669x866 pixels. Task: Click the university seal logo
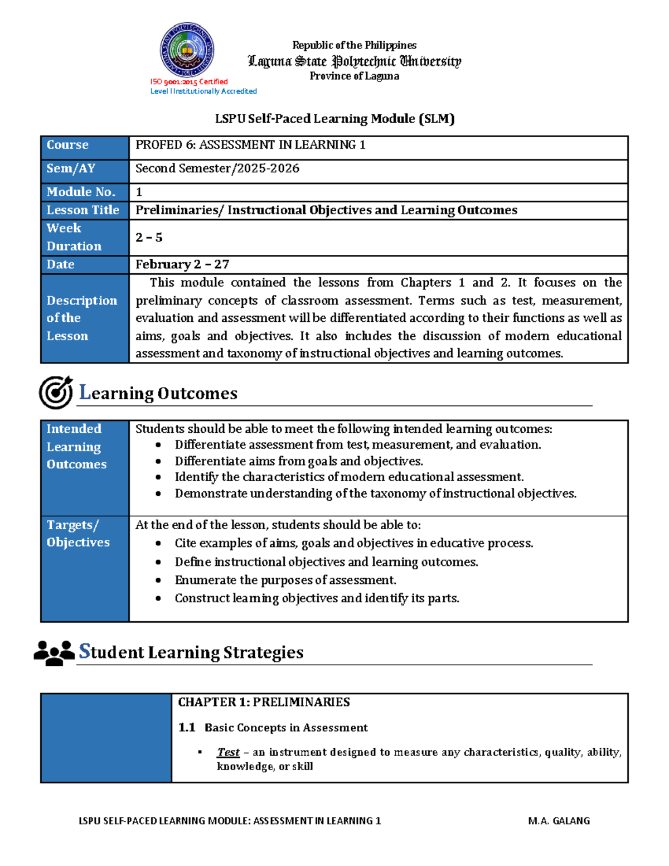point(187,50)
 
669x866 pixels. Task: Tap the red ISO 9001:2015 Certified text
point(189,82)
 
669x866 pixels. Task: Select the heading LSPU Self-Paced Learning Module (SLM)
point(334,119)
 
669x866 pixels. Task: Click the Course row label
point(67,145)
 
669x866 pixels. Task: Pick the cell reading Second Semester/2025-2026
point(217,168)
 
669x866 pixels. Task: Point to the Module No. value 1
point(139,192)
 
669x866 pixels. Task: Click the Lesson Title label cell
point(83,210)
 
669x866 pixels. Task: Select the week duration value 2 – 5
point(149,238)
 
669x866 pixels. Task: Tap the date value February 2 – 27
point(182,264)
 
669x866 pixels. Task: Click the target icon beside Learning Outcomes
point(56,392)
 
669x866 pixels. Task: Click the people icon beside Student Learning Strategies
point(54,652)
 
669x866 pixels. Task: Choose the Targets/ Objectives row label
point(78,534)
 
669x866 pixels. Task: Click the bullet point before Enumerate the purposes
point(158,580)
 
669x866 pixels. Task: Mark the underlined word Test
point(228,752)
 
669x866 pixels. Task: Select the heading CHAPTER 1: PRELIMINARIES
point(264,702)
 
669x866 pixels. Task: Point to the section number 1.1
point(187,728)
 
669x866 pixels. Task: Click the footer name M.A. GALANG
point(559,821)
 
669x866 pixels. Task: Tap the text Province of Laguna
point(354,76)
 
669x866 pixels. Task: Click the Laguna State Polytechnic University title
point(354,61)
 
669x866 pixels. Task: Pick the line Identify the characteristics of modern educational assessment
point(349,477)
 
